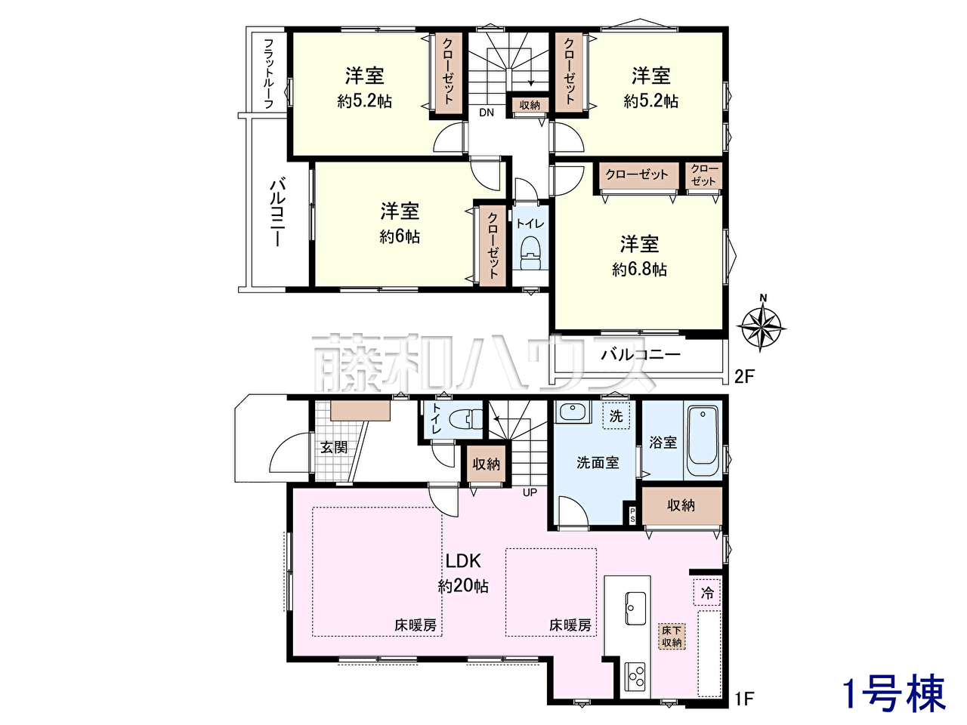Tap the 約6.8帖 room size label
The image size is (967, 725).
[x=639, y=269]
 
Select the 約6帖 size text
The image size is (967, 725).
[x=400, y=237]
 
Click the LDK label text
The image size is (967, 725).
[x=463, y=561]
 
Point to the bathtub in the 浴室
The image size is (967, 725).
[x=703, y=442]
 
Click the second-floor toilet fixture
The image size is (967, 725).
[x=530, y=253]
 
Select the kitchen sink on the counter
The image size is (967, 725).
[x=635, y=607]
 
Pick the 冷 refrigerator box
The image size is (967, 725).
[x=707, y=593]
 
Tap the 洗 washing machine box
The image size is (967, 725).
[x=616, y=415]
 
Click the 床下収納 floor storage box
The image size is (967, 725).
[x=672, y=637]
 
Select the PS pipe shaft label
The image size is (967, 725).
[x=632, y=515]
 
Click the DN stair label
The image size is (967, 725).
[x=487, y=113]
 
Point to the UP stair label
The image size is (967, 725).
[x=530, y=492]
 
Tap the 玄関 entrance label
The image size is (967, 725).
[x=334, y=447]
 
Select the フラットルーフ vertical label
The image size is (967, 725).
[x=268, y=73]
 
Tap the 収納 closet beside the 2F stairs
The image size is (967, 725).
[x=530, y=105]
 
